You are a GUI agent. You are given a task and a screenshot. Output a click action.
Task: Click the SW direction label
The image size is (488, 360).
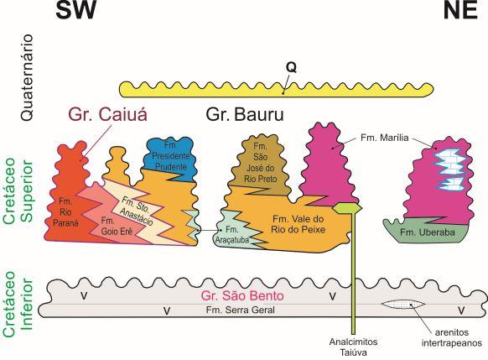click(x=75, y=10)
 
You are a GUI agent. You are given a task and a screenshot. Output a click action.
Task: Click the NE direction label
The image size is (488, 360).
click(x=460, y=10)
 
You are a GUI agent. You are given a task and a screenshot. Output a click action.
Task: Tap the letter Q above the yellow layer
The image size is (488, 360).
click(x=291, y=68)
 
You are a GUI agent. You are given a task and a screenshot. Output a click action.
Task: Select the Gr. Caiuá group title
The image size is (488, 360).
click(x=107, y=114)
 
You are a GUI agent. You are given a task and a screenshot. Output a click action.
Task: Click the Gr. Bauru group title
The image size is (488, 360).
click(x=245, y=114)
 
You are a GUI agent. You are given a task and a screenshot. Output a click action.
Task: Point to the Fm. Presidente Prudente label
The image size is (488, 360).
click(x=171, y=156)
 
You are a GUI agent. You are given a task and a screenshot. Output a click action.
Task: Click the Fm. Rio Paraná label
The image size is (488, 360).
click(x=65, y=212)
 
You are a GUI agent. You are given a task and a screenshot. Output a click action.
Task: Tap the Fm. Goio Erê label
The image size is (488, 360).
click(x=117, y=227)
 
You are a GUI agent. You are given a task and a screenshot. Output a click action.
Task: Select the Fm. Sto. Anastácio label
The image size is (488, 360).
click(x=137, y=211)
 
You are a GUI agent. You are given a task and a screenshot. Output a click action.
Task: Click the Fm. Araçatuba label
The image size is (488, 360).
click(x=232, y=235)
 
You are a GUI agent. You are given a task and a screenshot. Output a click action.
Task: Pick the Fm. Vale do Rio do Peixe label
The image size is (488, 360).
click(x=298, y=224)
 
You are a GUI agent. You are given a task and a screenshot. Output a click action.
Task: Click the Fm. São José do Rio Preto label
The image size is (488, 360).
click(x=260, y=163)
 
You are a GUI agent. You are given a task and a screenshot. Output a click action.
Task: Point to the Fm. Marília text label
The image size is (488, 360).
click(x=384, y=138)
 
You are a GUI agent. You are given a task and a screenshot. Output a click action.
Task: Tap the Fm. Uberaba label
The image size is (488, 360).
click(x=428, y=232)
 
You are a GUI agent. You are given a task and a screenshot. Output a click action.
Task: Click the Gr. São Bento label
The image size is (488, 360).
click(x=242, y=295)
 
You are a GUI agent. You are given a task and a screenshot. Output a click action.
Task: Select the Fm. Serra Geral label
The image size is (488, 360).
click(x=241, y=310)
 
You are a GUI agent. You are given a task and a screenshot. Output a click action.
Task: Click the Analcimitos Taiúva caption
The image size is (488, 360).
click(x=353, y=347)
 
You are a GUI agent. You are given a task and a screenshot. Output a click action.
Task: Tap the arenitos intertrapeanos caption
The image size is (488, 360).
click(x=452, y=338)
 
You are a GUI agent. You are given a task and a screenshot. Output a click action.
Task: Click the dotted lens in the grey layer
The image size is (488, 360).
click(x=403, y=305)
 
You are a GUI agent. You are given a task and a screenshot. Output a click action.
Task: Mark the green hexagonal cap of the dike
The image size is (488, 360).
click(x=347, y=208)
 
